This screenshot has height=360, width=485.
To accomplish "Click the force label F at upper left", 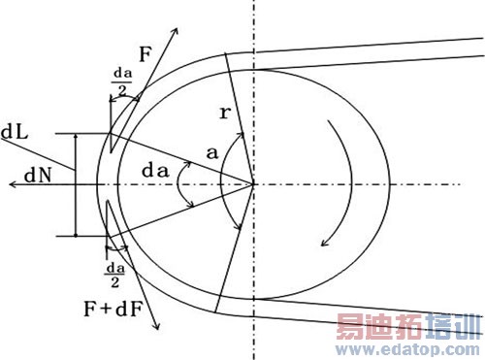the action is [x=145, y=53].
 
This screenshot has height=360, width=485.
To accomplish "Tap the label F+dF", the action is [x=113, y=309].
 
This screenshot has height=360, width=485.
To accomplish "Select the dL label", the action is [x=15, y=132].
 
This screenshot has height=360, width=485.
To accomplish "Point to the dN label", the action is [x=38, y=176].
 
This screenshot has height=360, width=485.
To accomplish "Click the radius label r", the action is [x=225, y=113].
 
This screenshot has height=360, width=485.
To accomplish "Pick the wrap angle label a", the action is [x=212, y=153].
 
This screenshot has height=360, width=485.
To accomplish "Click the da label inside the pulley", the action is [x=155, y=171].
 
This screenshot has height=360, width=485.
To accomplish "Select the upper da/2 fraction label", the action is [x=122, y=82].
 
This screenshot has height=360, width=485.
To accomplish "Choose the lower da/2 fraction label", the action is [x=115, y=276].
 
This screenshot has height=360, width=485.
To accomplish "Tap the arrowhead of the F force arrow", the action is [x=177, y=30].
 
